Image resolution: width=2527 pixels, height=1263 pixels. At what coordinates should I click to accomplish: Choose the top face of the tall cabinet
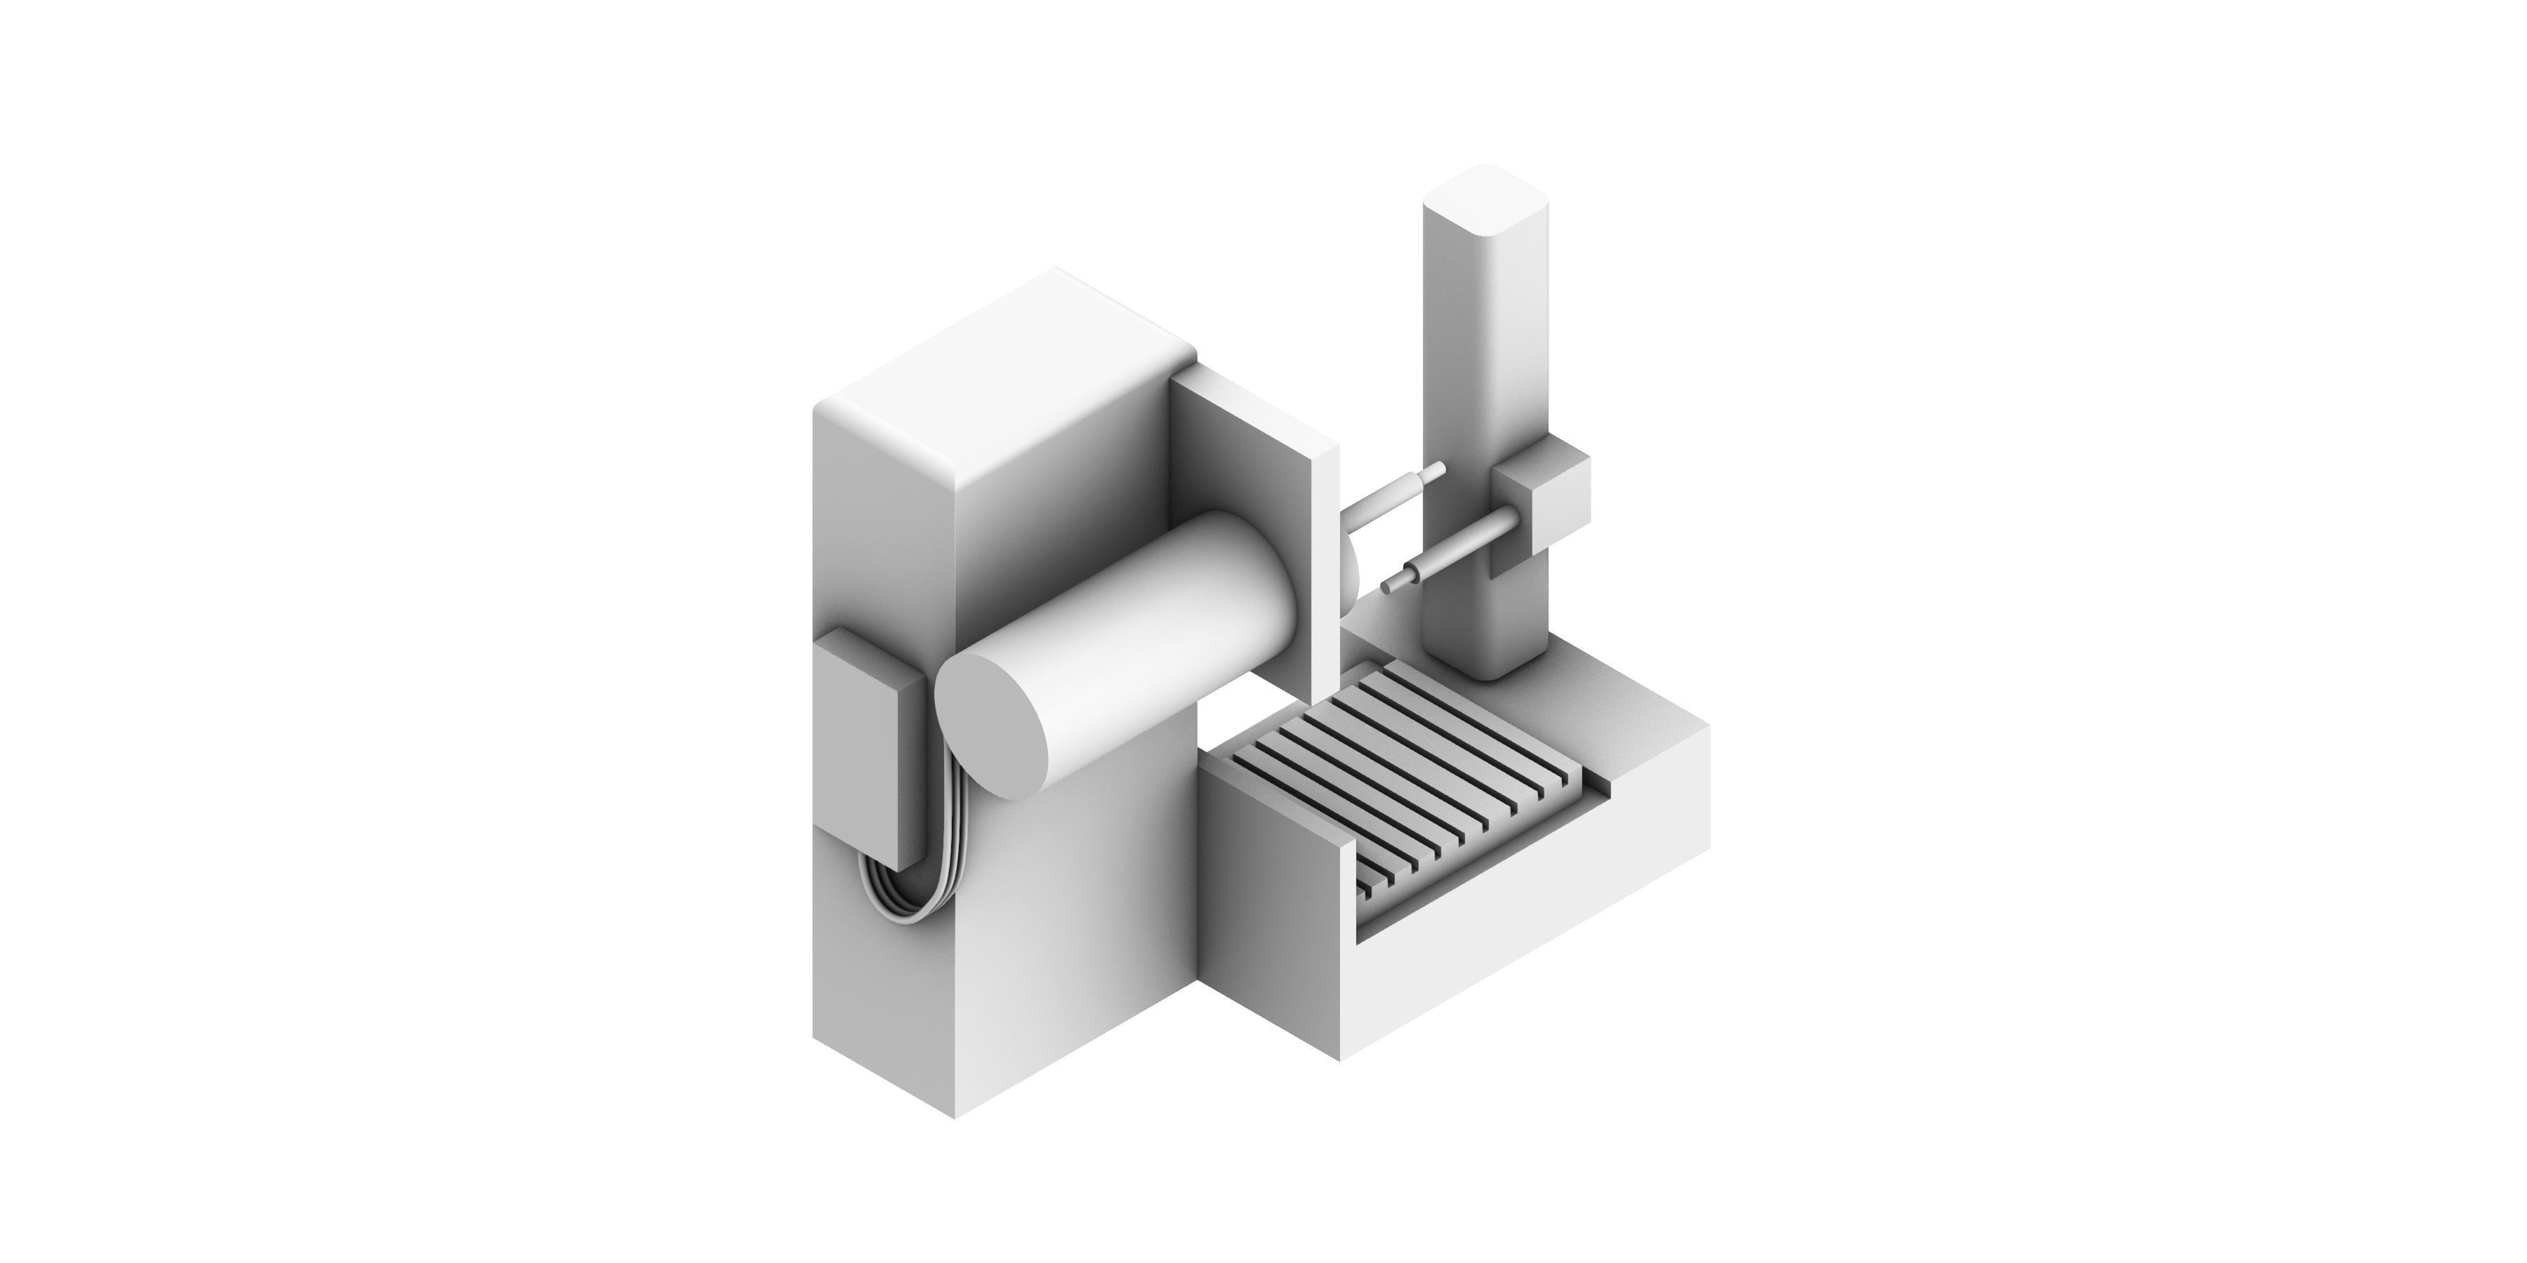click(x=1010, y=373)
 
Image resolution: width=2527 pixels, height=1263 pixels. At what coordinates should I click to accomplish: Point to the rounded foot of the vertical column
click(x=1486, y=667)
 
